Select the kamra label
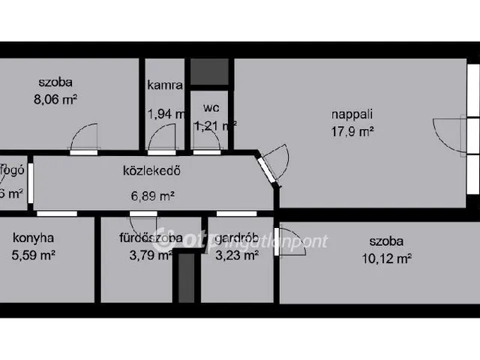[x=165, y=85]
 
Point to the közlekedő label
[x=152, y=169]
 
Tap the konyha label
[x=33, y=239]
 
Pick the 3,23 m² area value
[x=236, y=254]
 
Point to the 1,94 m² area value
[x=166, y=115]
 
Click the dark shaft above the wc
[x=208, y=71]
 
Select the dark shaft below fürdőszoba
[x=186, y=277]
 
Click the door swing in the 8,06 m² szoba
[x=84, y=138]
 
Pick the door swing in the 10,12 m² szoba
[x=290, y=242]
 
